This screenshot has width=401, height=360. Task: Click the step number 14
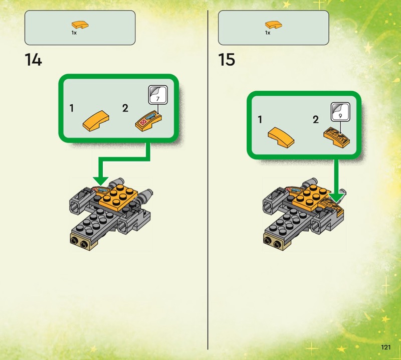tap(33, 60)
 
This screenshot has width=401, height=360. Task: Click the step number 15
tap(227, 60)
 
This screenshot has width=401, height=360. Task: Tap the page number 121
tap(386, 347)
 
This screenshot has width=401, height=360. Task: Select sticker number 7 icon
tap(158, 95)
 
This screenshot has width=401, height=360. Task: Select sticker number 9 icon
tap(340, 112)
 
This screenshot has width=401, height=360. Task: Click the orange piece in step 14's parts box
tap(80, 25)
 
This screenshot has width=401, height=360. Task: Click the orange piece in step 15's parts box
tap(274, 25)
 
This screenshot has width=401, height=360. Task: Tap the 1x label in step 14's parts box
tap(74, 33)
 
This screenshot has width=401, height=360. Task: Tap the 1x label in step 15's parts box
tap(268, 33)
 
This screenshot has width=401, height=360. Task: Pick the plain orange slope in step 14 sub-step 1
tap(96, 121)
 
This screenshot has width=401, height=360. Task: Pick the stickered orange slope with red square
tap(148, 121)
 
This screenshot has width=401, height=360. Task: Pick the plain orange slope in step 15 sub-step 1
tap(281, 137)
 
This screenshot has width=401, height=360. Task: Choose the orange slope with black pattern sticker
tap(336, 137)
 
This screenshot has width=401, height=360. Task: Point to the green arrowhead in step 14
tap(101, 181)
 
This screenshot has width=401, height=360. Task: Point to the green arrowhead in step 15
tap(336, 198)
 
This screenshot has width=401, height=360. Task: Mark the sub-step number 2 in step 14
tap(125, 108)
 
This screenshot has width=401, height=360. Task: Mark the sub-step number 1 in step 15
tap(260, 119)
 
